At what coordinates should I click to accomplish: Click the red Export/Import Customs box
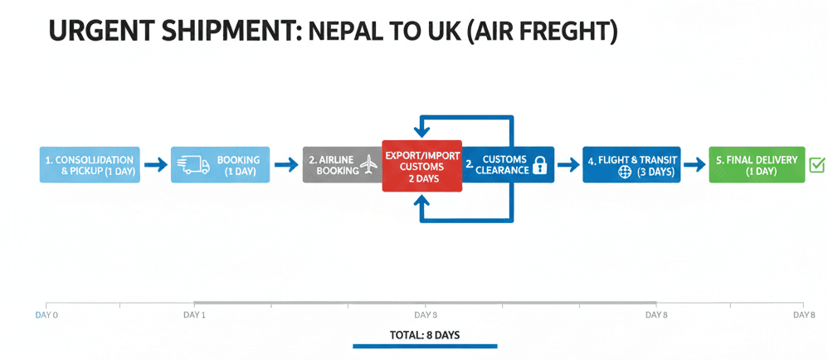pos(421,166)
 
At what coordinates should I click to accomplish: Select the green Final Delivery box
pos(756,165)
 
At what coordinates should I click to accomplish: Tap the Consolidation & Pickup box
pos(90,165)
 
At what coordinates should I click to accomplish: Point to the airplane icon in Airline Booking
pos(369,166)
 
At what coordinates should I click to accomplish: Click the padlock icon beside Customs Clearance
pos(540,165)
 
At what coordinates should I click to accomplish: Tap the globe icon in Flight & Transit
pos(626,172)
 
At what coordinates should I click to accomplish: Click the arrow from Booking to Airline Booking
pos(285,165)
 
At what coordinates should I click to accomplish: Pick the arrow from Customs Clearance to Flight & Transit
pos(568,165)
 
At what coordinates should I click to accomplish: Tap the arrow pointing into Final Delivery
pos(694,165)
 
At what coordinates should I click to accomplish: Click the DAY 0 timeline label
pos(46,315)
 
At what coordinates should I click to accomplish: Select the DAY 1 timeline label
pos(194,315)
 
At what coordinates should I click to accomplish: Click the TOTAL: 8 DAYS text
pos(424,335)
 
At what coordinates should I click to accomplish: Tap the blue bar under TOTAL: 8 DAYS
pos(424,346)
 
